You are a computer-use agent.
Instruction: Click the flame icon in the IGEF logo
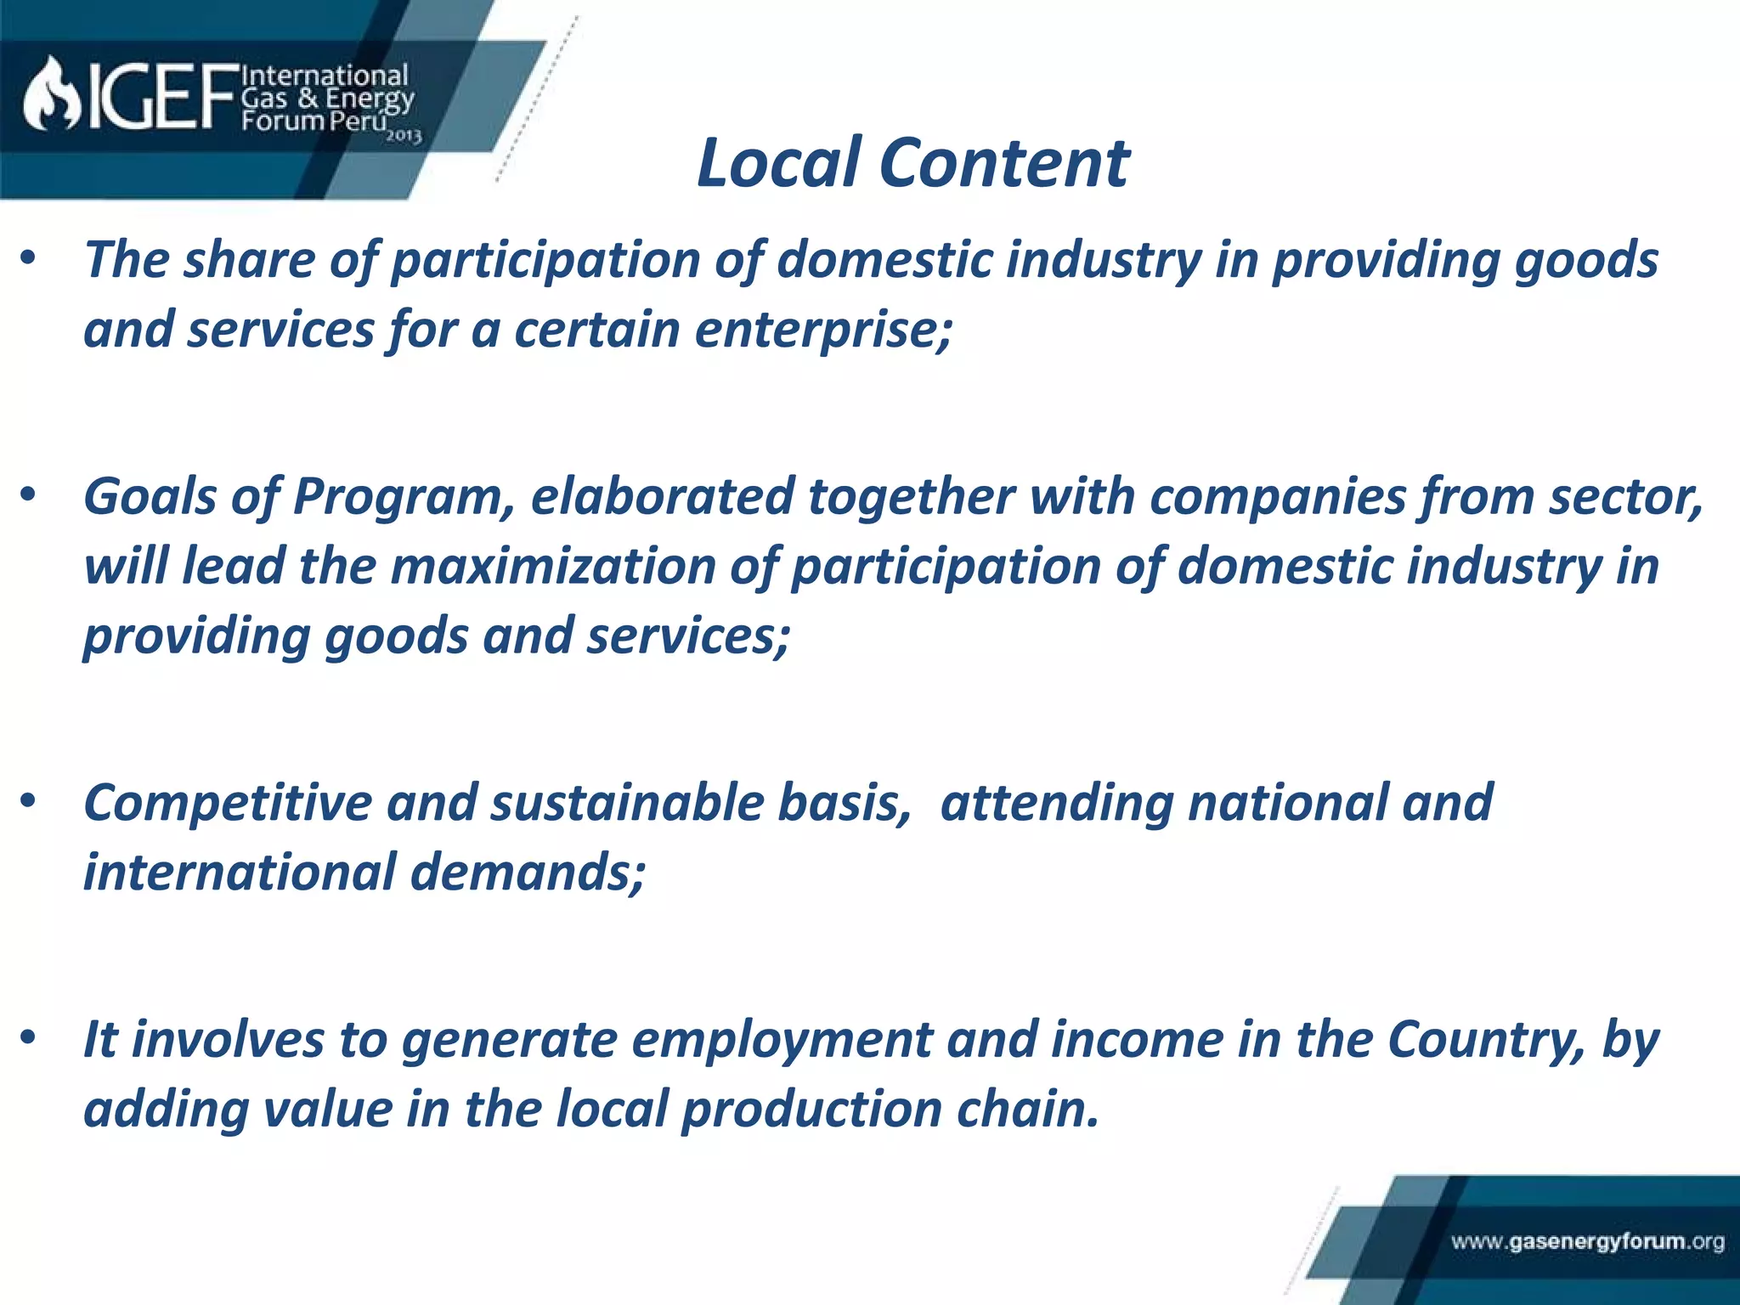51,95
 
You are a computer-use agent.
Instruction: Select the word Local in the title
778,163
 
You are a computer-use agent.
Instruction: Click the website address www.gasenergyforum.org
1587,1242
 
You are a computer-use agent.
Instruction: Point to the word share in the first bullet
249,260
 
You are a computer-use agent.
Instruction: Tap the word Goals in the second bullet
150,497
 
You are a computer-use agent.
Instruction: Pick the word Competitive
227,803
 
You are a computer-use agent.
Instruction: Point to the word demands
527,873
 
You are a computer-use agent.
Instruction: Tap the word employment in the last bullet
782,1041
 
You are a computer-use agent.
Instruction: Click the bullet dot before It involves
29,1038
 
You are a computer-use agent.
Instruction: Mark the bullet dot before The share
29,258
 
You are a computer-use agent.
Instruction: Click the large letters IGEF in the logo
161,98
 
